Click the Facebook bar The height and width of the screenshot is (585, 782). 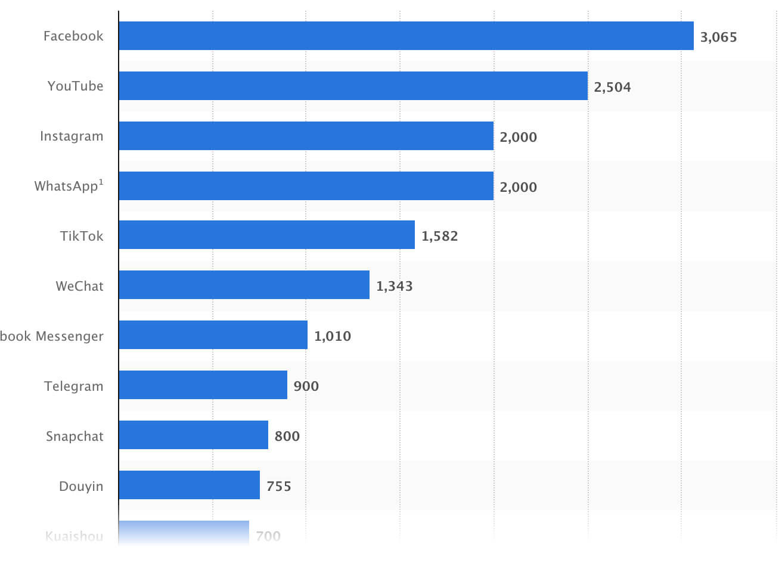point(405,36)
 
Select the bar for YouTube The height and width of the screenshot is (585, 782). point(353,86)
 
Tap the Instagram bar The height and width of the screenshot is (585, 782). point(306,136)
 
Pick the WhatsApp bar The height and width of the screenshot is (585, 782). point(306,186)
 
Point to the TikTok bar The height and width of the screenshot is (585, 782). point(266,235)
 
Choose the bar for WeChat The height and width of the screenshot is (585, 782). point(244,285)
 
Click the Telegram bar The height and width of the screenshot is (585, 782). point(203,385)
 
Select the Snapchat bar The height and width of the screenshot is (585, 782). point(193,435)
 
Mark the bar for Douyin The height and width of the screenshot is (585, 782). point(189,485)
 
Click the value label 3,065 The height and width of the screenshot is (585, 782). point(718,37)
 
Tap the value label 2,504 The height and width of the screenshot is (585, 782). point(612,87)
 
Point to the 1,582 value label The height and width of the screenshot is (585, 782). point(439,236)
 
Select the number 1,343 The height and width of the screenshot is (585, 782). point(394,286)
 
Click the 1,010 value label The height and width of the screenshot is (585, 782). point(332,336)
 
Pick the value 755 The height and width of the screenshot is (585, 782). point(278,486)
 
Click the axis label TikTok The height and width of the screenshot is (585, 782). point(82,236)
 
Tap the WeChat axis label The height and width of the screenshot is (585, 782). point(79,286)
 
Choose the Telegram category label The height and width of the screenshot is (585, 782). point(73,386)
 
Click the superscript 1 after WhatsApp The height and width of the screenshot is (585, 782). point(101,182)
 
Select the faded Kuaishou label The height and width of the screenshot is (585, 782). point(74,536)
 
